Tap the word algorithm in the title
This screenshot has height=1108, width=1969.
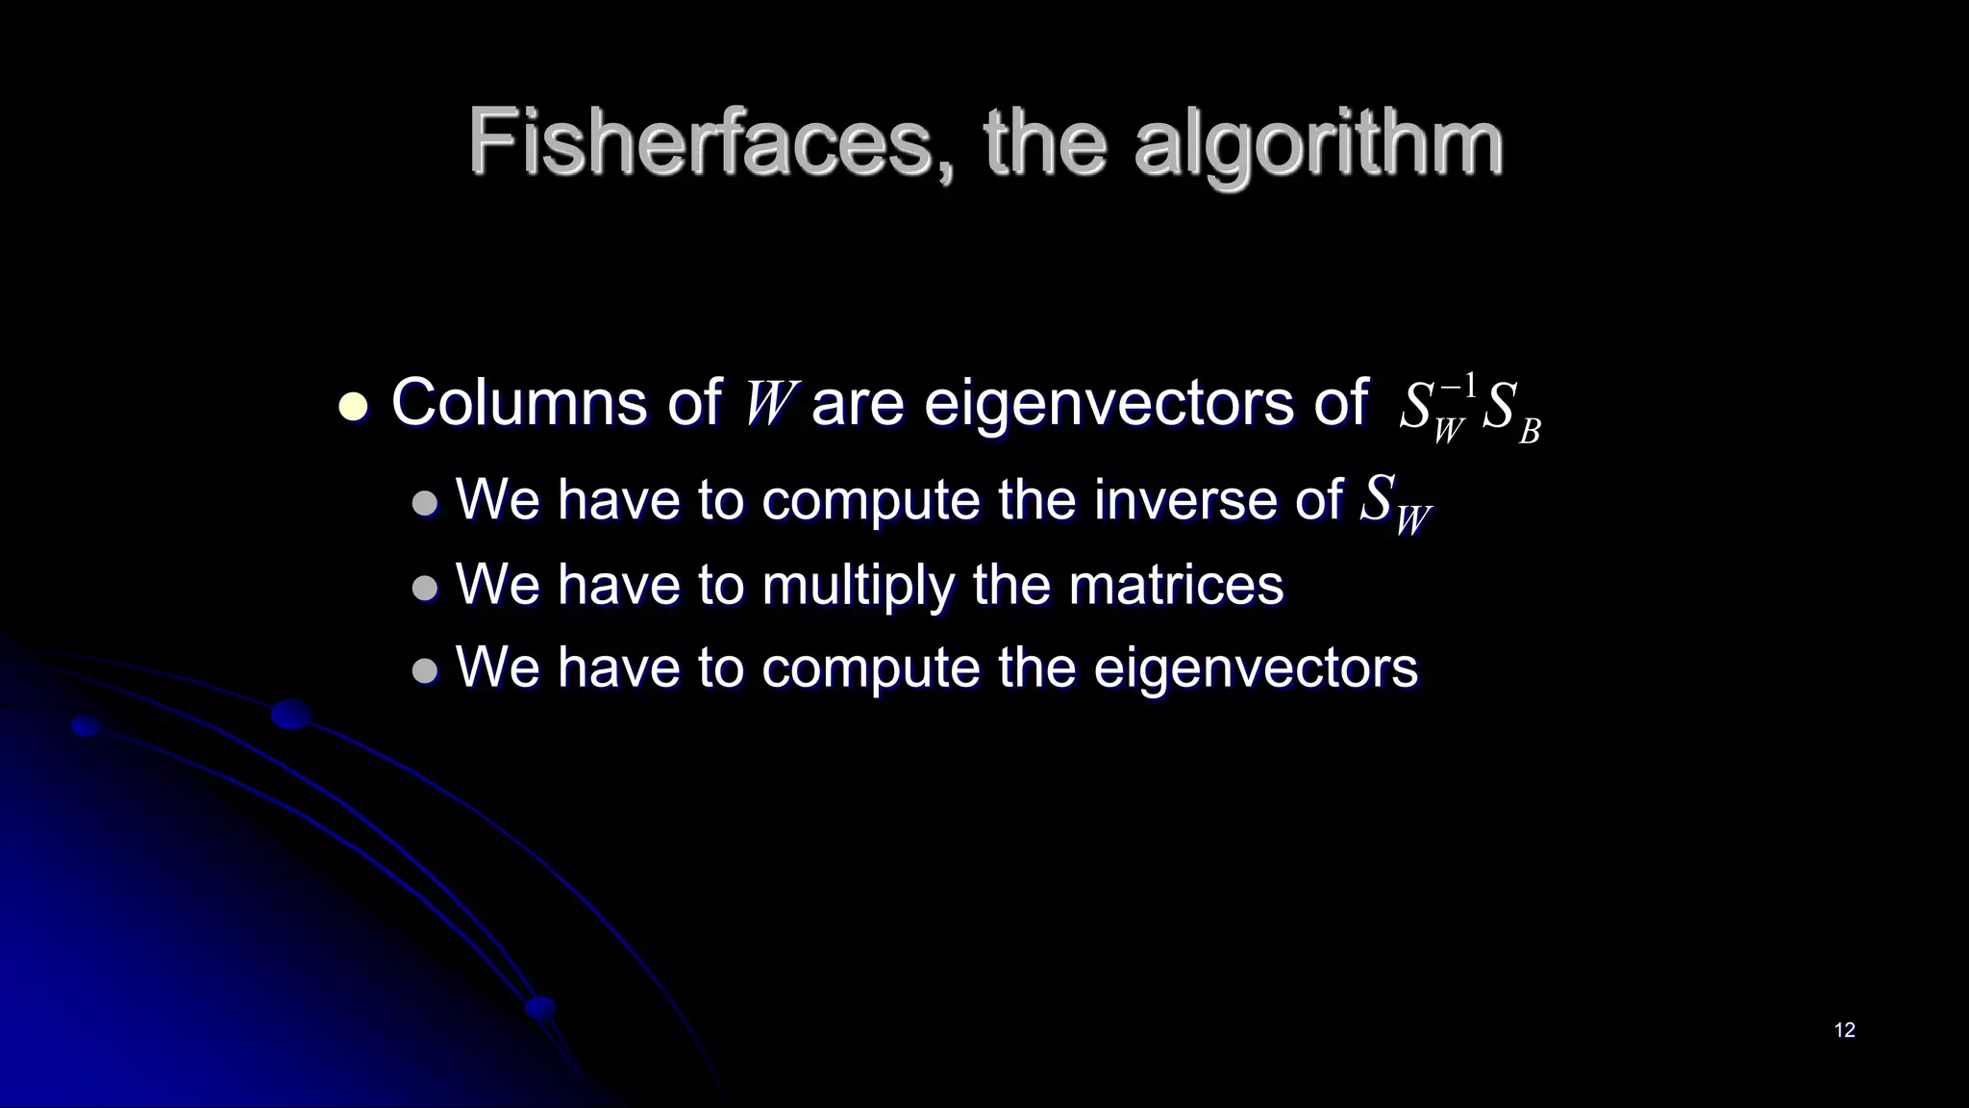point(1318,144)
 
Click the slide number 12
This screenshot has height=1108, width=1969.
point(1844,1030)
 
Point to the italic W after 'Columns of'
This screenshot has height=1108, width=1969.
point(769,404)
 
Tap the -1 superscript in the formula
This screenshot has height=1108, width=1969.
point(1458,385)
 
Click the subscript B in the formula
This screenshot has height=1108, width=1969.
point(1529,432)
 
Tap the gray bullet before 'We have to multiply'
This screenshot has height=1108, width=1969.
point(424,588)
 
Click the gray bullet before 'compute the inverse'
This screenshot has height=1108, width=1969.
point(424,503)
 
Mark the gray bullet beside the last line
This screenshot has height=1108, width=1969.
point(424,670)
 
